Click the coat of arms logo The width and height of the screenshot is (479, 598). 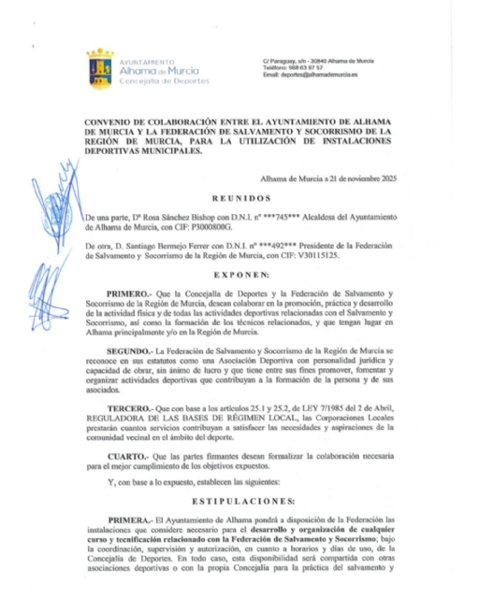pos(99,66)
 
